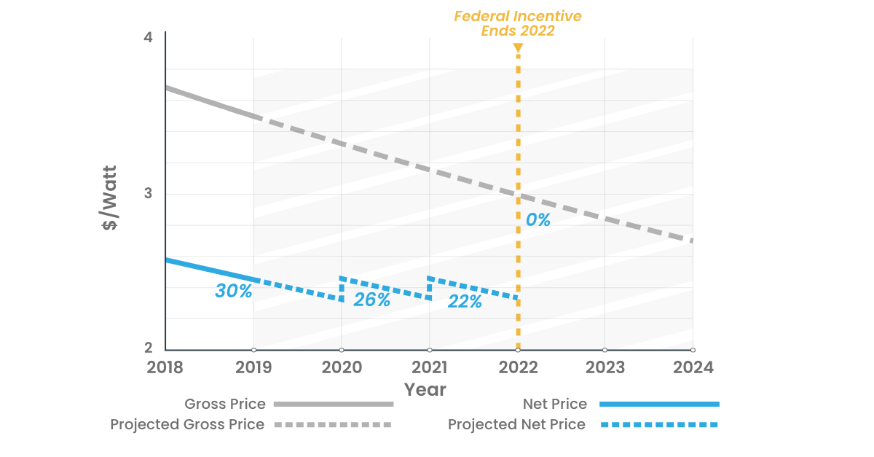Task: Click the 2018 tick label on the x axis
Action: coord(165,367)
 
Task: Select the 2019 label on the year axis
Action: coord(253,367)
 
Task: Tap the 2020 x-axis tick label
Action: coord(342,367)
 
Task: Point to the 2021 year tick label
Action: coord(430,367)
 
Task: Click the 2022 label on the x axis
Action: coord(517,367)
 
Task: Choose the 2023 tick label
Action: coord(605,367)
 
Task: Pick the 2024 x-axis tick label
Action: coord(693,367)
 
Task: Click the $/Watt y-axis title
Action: coord(110,199)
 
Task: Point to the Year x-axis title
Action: coord(425,389)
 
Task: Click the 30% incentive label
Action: coord(233,291)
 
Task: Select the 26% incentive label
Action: coord(371,300)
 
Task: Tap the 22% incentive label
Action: coord(465,301)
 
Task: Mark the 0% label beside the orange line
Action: coord(538,219)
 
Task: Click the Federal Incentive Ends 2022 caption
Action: coord(518,23)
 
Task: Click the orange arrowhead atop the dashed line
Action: coord(518,49)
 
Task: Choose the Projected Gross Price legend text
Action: coord(187,424)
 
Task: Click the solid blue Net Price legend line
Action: coord(658,404)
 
